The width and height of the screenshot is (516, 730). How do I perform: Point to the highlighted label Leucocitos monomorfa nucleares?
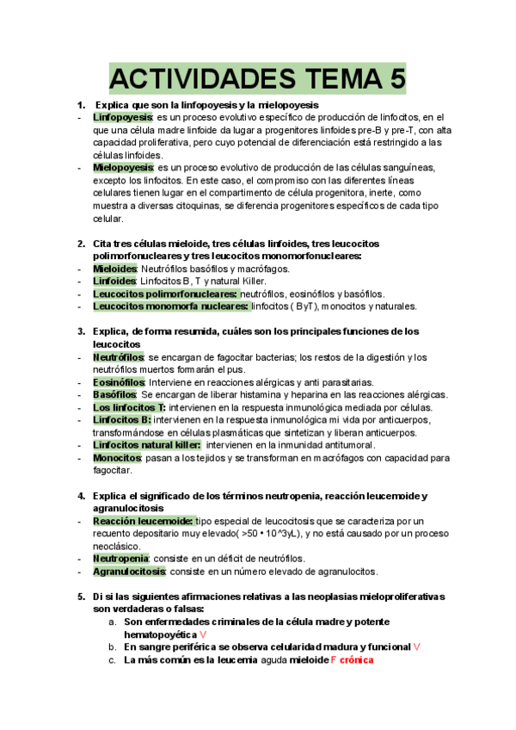tap(170, 306)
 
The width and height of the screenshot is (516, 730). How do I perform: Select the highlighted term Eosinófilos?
tap(120, 381)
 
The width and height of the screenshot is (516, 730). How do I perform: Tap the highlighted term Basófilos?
tap(114, 394)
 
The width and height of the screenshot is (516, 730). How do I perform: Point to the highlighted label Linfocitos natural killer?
tap(146, 445)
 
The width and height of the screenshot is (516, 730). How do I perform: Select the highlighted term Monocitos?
tap(117, 458)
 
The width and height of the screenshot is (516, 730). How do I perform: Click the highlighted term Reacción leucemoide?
tap(142, 521)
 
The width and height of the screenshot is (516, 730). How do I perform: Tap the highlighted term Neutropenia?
tap(120, 559)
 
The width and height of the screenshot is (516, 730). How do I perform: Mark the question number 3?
tap(81, 331)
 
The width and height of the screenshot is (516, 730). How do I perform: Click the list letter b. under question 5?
tap(112, 646)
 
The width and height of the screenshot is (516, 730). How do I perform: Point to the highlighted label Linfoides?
tap(114, 281)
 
